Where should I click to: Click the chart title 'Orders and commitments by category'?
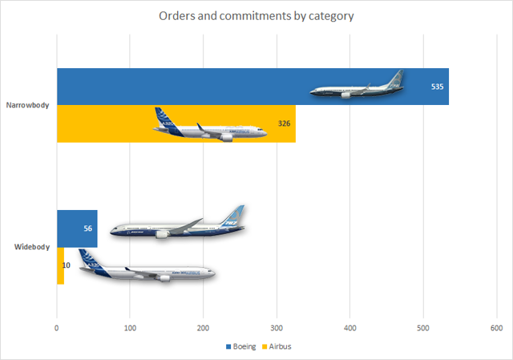click(x=256, y=17)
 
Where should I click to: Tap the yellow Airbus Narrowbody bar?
click(x=104, y=124)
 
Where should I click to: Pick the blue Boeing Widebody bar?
click(x=77, y=229)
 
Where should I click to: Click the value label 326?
click(x=283, y=123)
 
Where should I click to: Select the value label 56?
click(x=87, y=229)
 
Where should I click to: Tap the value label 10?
click(x=66, y=265)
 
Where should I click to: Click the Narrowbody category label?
click(x=29, y=105)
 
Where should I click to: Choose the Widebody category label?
click(x=32, y=246)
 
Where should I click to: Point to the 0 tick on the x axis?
click(x=57, y=328)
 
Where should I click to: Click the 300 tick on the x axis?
click(x=277, y=328)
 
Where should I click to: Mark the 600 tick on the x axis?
click(x=496, y=328)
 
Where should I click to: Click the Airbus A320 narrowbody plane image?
click(x=208, y=127)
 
